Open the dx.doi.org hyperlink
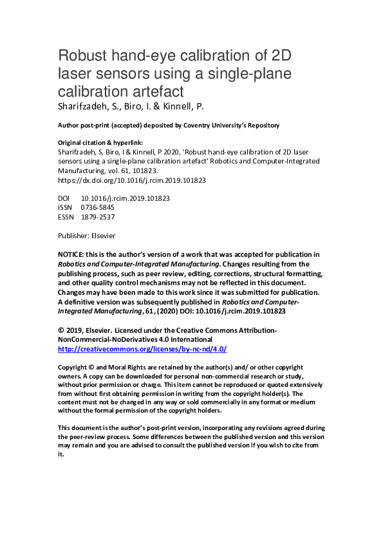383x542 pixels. pyautogui.click(x=132, y=181)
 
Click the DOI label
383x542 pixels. pyautogui.click(x=64, y=198)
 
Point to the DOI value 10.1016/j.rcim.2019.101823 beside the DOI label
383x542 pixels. pyautogui.click(x=126, y=198)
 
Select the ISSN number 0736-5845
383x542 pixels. pyautogui.click(x=98, y=208)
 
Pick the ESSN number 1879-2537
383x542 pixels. pyautogui.click(x=98, y=217)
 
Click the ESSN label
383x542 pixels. pyautogui.click(x=66, y=217)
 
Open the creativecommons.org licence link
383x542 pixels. pyautogui.click(x=142, y=348)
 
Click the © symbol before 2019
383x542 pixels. pyautogui.click(x=61, y=330)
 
